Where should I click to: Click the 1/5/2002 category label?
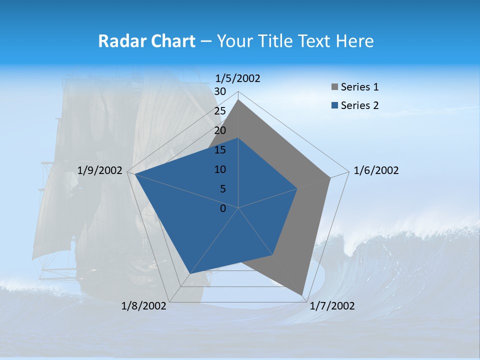(x=238, y=78)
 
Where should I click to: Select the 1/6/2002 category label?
(x=376, y=170)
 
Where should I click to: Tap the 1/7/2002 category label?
(x=332, y=306)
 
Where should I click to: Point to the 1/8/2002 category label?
(x=144, y=306)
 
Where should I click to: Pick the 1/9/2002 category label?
(x=100, y=170)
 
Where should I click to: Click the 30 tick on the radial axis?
(x=220, y=91)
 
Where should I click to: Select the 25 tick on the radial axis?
(x=220, y=111)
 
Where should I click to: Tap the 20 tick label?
(x=220, y=130)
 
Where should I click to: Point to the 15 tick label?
(x=220, y=150)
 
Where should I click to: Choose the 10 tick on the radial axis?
(x=220, y=169)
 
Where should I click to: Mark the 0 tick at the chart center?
(x=223, y=208)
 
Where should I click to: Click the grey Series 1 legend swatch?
(x=334, y=87)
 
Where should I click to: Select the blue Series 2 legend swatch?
(x=334, y=105)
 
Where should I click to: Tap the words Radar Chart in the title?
(x=146, y=41)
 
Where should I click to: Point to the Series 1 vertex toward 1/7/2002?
(x=302, y=295)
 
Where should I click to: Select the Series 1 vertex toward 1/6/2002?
(x=330, y=177)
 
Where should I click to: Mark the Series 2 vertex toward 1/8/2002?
(x=189, y=274)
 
